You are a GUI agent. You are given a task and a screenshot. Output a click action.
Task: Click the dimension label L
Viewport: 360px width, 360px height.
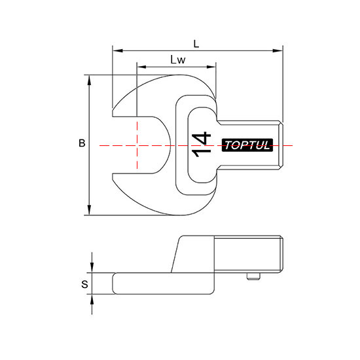(x=196, y=44)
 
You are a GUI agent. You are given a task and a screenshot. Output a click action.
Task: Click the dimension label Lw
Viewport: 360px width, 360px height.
(x=178, y=60)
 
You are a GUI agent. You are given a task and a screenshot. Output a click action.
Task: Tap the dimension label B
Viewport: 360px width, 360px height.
(x=82, y=143)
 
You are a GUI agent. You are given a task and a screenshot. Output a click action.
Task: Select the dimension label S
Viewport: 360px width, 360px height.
(x=84, y=284)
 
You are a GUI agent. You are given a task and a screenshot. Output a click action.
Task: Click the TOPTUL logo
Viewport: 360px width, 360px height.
(x=247, y=145)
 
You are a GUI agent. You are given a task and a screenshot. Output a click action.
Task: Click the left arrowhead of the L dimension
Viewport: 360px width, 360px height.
(x=118, y=50)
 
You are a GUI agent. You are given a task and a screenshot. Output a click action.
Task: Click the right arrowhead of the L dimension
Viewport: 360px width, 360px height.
(x=278, y=50)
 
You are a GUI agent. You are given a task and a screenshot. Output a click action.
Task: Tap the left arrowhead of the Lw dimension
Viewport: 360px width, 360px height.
(x=142, y=67)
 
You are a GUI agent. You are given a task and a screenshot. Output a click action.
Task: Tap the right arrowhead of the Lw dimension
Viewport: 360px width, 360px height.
(x=211, y=67)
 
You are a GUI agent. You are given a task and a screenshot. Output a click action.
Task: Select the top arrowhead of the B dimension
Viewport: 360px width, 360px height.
(x=89, y=80)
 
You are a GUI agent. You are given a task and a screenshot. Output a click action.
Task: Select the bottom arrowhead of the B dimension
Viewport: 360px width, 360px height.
(x=89, y=210)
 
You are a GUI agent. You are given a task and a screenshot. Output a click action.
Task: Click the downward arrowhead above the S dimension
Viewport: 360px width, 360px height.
(x=92, y=268)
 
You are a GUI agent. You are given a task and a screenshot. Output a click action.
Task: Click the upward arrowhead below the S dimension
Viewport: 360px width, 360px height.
(x=92, y=299)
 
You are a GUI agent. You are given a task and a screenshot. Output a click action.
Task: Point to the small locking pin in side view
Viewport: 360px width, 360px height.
(x=253, y=276)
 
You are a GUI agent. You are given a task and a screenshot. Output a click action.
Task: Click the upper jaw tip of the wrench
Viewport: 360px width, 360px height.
(x=113, y=113)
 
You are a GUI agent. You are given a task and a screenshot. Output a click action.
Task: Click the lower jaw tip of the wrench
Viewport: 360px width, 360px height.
(x=113, y=177)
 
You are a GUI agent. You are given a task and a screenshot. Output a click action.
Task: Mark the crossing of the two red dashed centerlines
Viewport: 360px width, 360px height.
(x=137, y=145)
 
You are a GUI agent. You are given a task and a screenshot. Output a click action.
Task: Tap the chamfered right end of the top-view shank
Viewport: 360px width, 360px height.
(x=281, y=145)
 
